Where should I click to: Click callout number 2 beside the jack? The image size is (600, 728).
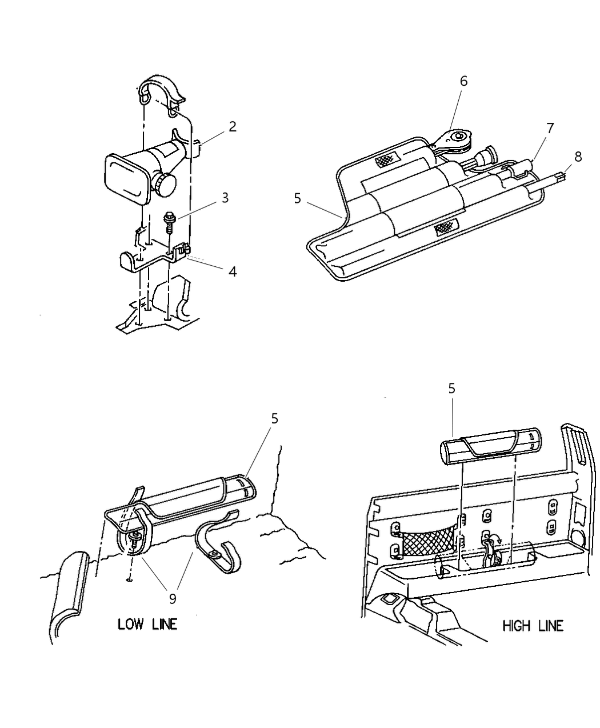(x=232, y=127)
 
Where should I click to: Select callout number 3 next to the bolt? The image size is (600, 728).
(x=225, y=198)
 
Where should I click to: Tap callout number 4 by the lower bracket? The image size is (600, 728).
(x=232, y=271)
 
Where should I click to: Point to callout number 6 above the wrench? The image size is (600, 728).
(x=463, y=82)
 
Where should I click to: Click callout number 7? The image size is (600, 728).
(x=550, y=128)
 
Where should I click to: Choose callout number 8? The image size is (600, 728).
(x=578, y=157)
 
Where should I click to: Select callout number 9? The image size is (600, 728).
(x=173, y=598)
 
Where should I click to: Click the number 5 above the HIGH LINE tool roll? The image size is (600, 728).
(x=451, y=389)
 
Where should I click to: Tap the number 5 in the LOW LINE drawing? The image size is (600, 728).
(x=274, y=419)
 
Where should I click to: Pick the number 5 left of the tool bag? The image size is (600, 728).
(x=297, y=198)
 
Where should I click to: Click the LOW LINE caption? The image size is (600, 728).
(x=147, y=624)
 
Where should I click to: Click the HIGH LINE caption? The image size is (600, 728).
(x=533, y=626)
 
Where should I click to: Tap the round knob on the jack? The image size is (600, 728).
(x=165, y=185)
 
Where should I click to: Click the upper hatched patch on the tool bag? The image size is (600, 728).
(x=386, y=162)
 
